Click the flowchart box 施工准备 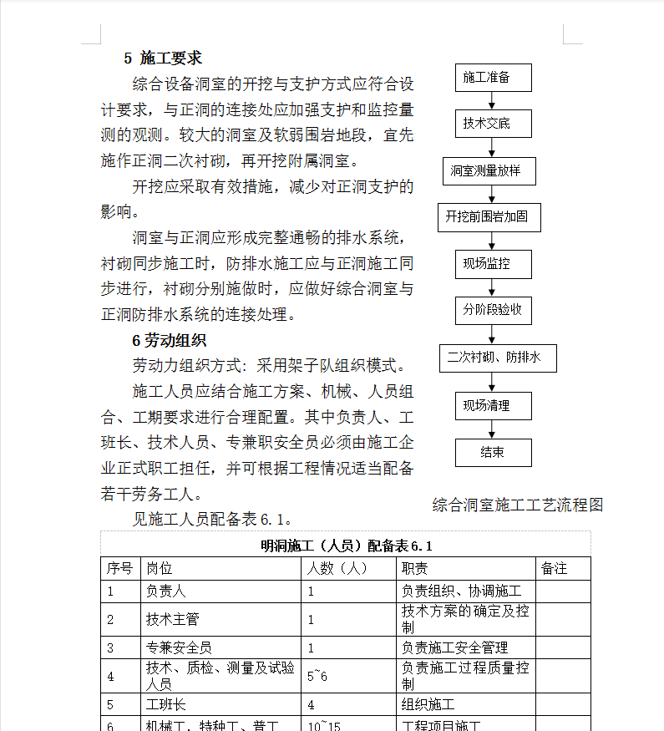pos(493,78)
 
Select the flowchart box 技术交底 pos(493,124)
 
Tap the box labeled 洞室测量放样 pos(489,170)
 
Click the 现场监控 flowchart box pos(493,264)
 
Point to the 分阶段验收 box pos(493,311)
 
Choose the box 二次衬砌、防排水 pos(498,358)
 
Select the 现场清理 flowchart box pos(493,405)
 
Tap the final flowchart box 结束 pos(493,452)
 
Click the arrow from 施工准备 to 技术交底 pos(493,101)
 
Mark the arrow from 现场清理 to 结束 pos(493,429)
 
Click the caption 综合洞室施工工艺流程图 pos(518,505)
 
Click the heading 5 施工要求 pos(163,58)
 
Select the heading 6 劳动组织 pos(169,341)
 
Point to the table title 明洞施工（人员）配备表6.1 pos(346,546)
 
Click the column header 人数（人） pos(337,568)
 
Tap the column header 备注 pos(555,568)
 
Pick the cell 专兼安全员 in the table pos(179,647)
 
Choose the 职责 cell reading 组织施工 pos(428,704)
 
